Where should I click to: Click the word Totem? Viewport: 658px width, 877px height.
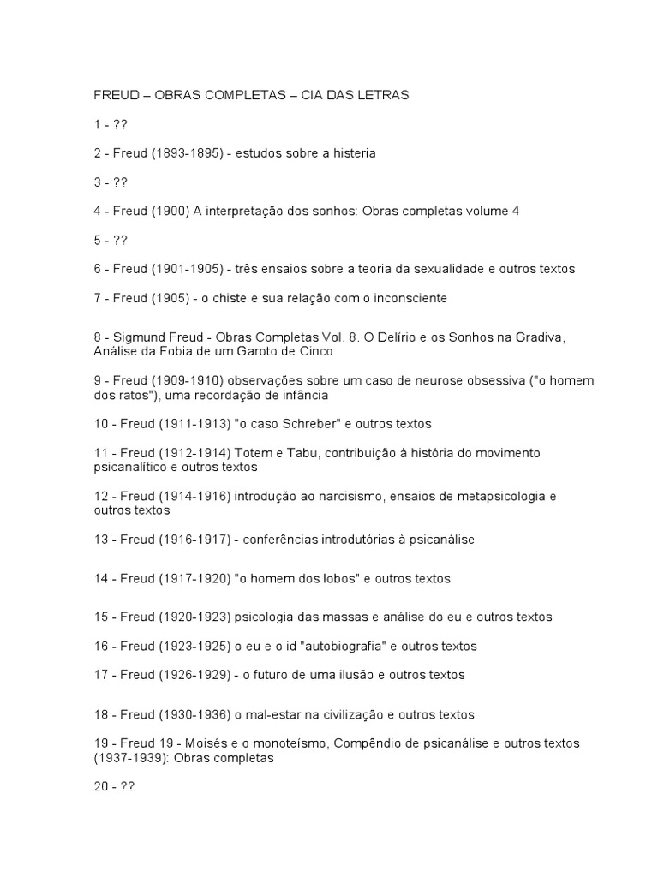tap(250, 453)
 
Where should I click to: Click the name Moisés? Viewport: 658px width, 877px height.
tap(212, 743)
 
